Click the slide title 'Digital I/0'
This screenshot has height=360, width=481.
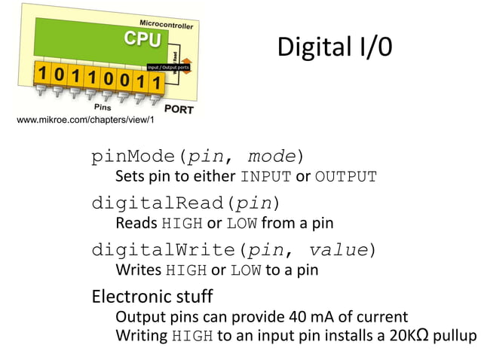[x=334, y=47]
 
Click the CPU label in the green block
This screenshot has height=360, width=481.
[x=142, y=39]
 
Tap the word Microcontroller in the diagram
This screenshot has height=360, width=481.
[x=166, y=23]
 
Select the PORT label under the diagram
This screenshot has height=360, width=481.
[x=179, y=109]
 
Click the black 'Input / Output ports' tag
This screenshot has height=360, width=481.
[x=167, y=68]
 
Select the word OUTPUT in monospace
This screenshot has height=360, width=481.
[x=345, y=178]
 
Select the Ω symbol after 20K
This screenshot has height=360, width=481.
[x=423, y=334]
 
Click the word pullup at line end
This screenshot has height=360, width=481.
[x=455, y=336]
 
